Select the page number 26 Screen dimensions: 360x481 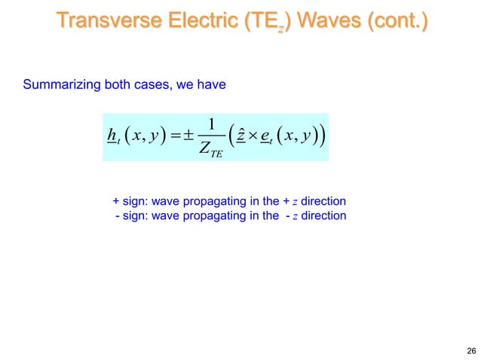471,351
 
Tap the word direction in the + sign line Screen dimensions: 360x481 323,202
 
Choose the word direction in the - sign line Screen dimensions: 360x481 323,216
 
